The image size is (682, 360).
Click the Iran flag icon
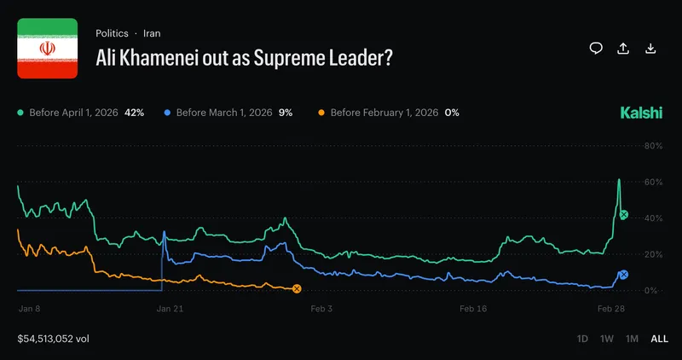tap(48, 49)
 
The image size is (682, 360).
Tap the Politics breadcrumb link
tap(112, 33)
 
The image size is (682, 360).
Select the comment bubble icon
tap(596, 48)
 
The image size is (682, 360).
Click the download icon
tap(651, 48)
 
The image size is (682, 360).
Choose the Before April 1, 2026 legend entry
tap(80, 113)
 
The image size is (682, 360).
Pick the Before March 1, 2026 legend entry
tap(228, 113)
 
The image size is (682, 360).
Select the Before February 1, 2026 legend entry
tap(388, 113)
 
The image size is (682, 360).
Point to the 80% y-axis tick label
tap(652, 146)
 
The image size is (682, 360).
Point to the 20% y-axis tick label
tap(652, 254)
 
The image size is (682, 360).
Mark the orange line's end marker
tap(297, 289)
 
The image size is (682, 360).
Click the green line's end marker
tap(623, 215)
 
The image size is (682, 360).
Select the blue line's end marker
tap(623, 275)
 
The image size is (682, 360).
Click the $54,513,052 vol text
tap(53, 339)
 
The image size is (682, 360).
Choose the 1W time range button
tap(607, 339)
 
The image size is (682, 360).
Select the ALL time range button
tap(659, 339)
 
